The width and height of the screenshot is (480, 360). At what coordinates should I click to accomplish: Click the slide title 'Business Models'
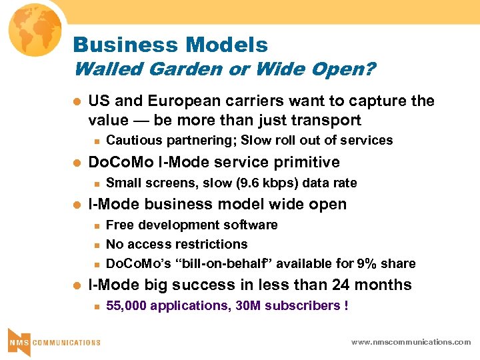coord(170,45)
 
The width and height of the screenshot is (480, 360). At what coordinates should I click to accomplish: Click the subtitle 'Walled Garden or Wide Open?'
coord(224,69)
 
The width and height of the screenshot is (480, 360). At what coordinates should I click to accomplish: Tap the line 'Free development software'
coord(192,225)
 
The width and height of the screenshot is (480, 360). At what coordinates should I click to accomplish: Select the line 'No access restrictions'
coord(177,244)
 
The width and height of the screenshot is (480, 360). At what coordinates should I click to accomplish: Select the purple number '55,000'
coord(127,306)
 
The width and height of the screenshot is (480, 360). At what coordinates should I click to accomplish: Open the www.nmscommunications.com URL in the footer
coord(411,342)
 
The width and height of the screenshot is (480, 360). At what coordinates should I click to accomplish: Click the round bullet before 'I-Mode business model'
coord(75,205)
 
